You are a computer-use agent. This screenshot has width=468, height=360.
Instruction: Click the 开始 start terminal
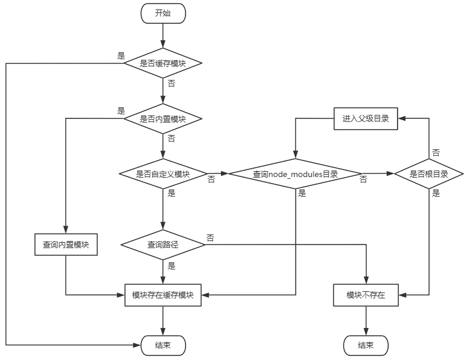163,13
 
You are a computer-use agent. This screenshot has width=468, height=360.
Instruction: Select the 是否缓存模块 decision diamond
163,63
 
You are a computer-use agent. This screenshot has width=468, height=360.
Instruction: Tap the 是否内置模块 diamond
163,118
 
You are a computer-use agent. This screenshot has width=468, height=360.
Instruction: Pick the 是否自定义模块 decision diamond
163,174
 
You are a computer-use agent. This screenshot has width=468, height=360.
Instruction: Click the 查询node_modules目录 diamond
295,174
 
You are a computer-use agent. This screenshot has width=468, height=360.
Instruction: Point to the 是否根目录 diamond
428,174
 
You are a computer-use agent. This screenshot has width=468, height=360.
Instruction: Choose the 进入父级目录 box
366,118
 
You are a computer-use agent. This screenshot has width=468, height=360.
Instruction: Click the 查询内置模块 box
66,245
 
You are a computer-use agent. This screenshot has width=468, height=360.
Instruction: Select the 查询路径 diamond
163,245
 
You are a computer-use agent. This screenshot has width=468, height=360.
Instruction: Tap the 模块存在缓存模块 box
163,295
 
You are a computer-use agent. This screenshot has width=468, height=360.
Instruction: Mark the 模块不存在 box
366,295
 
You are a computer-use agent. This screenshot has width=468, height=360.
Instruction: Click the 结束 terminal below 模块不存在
366,346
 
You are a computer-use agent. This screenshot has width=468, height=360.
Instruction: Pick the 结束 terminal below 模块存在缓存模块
163,346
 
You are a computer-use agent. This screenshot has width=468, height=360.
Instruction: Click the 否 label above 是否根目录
436,153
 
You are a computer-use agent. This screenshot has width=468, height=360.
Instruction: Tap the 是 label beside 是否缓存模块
121,56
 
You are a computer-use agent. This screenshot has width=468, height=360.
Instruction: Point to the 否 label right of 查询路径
210,238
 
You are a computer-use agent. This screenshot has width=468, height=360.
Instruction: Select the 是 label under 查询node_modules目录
302,194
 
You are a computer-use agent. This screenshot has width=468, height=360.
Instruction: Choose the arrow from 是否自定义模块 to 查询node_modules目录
217,174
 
